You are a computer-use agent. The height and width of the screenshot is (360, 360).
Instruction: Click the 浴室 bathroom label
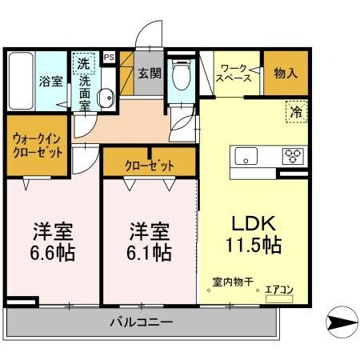coord(51,80)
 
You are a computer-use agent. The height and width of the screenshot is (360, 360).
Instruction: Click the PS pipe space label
coord(109,57)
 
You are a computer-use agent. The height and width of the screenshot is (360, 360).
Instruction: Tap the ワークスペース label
coord(236,74)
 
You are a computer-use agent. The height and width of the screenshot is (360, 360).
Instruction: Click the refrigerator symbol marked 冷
coord(296,113)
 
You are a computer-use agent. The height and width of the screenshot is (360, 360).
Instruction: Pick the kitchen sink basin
coord(245,155)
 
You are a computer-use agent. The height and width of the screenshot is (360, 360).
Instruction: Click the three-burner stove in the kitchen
coord(290,155)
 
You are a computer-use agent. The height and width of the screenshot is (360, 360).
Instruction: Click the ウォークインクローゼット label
coord(38,146)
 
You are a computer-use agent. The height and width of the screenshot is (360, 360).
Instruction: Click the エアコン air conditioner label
coord(279,290)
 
